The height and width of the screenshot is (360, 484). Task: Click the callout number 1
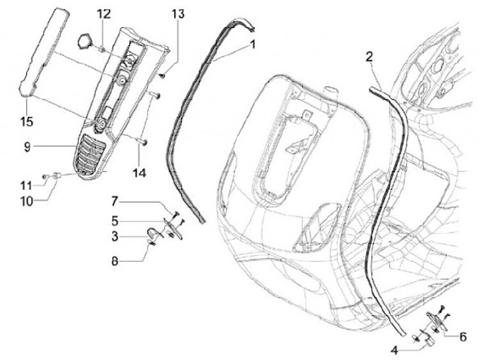pos(253,44)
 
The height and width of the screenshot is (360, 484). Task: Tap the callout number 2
pos(369,57)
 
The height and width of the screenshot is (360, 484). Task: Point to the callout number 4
pos(395,349)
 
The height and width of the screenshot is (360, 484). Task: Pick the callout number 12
pos(102,13)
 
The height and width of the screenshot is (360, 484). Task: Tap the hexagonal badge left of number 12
pos(86,40)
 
